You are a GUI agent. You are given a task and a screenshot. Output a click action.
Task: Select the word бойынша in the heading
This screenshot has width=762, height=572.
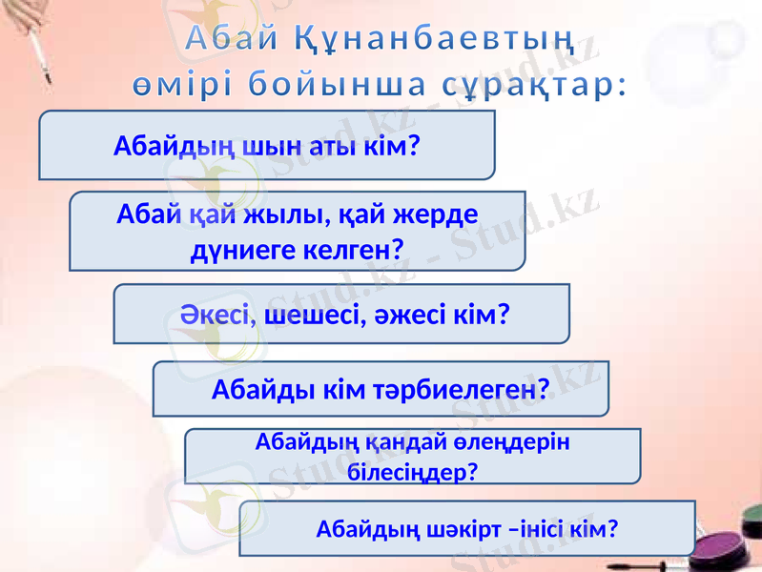pyautogui.click(x=338, y=85)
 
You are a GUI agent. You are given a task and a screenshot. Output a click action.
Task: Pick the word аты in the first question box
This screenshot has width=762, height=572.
pyautogui.click(x=331, y=147)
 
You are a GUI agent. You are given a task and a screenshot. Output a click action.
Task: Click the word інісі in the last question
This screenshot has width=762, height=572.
pyautogui.click(x=550, y=527)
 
